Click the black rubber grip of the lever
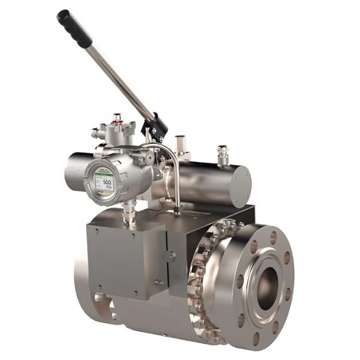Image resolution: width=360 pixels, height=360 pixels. pyautogui.click(x=74, y=28)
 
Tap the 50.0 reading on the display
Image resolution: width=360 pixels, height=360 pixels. pyautogui.click(x=107, y=181)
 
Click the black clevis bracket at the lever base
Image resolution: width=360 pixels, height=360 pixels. pyautogui.click(x=155, y=127)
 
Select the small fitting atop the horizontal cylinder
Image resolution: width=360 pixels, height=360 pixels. pyautogui.click(x=223, y=154)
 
